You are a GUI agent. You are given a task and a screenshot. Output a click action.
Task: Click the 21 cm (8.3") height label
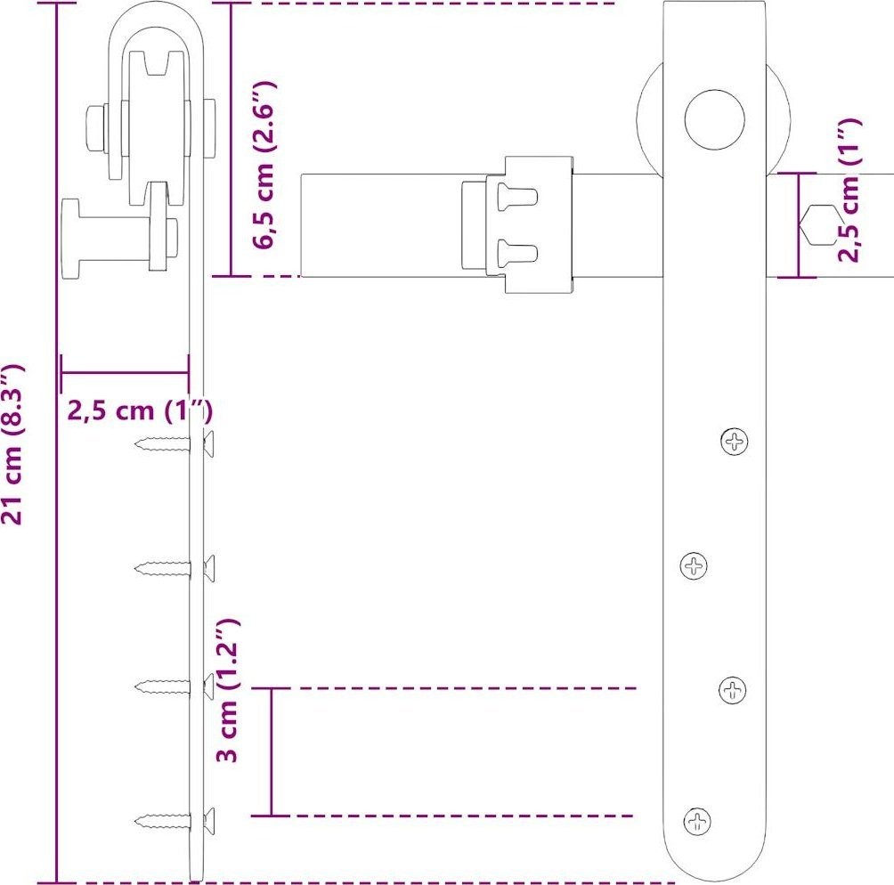(12, 443)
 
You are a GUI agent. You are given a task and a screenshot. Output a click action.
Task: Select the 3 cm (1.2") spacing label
(228, 690)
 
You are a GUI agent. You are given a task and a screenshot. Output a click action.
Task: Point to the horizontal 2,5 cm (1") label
(140, 410)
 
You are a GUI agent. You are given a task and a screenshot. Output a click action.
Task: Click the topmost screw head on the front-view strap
(734, 441)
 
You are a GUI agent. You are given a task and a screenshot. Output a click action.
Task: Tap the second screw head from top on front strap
(694, 565)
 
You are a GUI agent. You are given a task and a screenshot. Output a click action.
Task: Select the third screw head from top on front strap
(732, 690)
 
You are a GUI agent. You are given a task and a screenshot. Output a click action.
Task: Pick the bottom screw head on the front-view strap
(697, 821)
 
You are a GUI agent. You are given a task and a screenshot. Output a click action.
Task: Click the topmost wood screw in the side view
(175, 443)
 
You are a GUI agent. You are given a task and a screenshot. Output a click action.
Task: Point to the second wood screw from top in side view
(175, 568)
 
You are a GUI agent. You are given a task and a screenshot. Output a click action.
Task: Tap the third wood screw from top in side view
(175, 686)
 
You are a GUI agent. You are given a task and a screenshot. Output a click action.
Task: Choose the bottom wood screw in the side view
(175, 821)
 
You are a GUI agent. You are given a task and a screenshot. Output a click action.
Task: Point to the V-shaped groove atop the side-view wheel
(157, 62)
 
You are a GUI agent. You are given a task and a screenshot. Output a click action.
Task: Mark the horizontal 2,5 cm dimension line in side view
(125, 373)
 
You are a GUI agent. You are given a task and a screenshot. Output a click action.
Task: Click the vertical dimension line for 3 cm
(272, 752)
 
